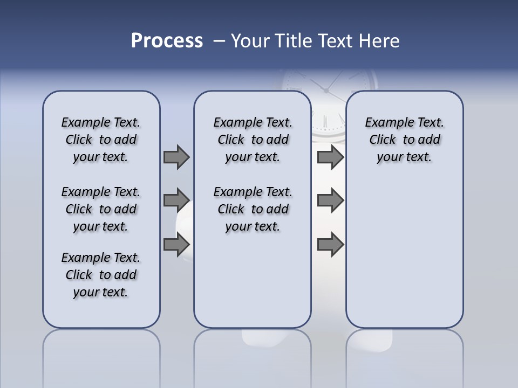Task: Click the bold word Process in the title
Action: point(167,41)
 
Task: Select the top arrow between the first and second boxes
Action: point(176,157)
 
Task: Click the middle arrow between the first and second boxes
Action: point(176,200)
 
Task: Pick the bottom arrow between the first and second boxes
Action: point(176,244)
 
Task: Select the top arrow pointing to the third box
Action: point(330,157)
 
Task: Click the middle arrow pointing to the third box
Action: point(330,200)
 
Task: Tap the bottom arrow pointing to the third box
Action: point(330,244)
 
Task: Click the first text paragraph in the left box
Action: point(101,140)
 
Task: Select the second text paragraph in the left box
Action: point(101,209)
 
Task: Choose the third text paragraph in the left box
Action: point(101,275)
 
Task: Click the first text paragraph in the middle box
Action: point(253,140)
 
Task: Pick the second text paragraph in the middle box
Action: point(253,209)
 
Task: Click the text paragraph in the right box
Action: point(404,140)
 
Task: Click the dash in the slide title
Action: point(219,41)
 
